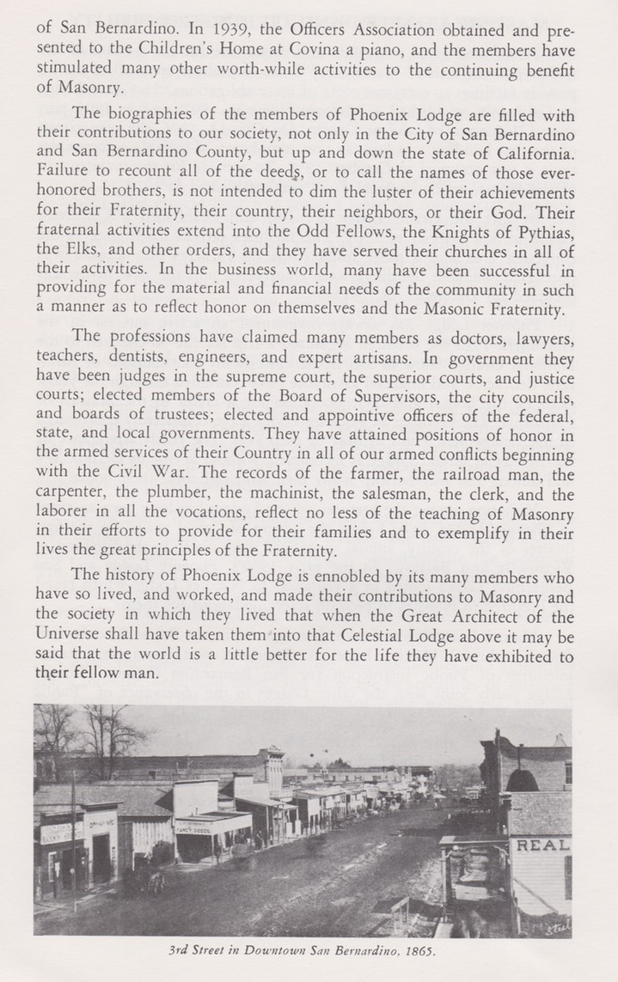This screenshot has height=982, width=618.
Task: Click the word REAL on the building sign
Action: point(542,845)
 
